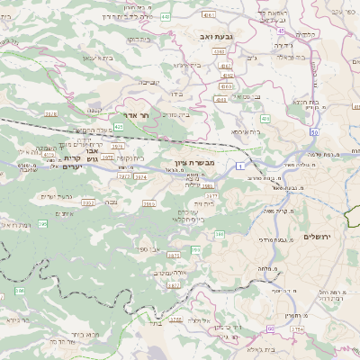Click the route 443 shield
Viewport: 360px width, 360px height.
tap(165, 15)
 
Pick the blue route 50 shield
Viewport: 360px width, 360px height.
tap(314, 132)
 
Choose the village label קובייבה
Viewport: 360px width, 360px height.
tap(149, 81)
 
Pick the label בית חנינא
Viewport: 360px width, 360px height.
tap(300, 101)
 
